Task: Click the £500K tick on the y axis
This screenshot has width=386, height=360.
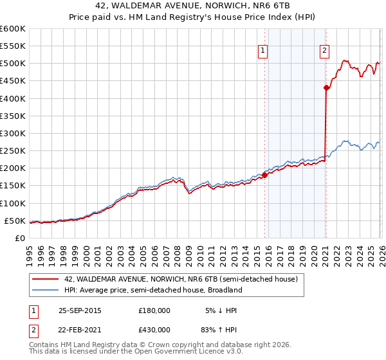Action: pos(13,64)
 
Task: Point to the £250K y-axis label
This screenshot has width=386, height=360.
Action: pos(13,151)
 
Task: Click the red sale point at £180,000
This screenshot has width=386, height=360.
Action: pos(264,175)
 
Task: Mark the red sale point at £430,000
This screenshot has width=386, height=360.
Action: pos(326,88)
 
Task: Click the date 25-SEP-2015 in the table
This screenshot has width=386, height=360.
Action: pos(80,310)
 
